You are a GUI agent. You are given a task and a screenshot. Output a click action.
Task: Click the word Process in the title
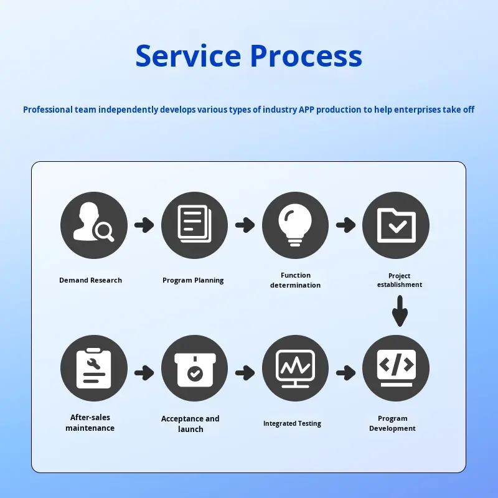pyautogui.click(x=306, y=56)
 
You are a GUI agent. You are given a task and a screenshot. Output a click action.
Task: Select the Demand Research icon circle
pyautogui.click(x=94, y=225)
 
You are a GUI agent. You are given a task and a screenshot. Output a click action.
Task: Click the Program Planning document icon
pyautogui.click(x=195, y=225)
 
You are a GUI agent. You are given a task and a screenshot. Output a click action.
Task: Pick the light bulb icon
pyautogui.click(x=295, y=225)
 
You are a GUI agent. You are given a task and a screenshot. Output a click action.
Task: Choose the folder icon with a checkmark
pyautogui.click(x=396, y=225)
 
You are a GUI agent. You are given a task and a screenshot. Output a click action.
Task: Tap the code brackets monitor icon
pyautogui.click(x=396, y=367)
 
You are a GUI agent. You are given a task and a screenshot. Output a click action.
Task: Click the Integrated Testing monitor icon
pyautogui.click(x=295, y=367)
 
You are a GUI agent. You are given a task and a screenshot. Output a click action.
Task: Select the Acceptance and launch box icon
pyautogui.click(x=195, y=367)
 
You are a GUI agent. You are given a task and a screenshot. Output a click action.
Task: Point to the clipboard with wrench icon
pyautogui.click(x=94, y=367)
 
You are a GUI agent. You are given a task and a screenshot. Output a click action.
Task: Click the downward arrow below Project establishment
pyautogui.click(x=400, y=310)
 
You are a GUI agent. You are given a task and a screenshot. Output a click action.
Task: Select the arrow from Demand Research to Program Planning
pyautogui.click(x=144, y=225)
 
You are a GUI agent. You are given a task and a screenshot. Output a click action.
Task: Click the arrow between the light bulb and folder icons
pyautogui.click(x=345, y=225)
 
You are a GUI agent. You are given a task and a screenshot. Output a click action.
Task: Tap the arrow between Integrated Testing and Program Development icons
pyautogui.click(x=345, y=373)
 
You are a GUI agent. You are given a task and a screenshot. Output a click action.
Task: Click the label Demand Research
pyautogui.click(x=91, y=280)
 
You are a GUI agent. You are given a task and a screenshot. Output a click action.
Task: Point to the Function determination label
pyautogui.click(x=296, y=280)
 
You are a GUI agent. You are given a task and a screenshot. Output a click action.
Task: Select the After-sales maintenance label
pyautogui.click(x=90, y=423)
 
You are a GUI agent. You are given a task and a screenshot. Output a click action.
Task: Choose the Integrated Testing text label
pyautogui.click(x=292, y=423)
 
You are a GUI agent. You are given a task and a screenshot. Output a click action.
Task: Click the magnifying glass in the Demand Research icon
pyautogui.click(x=104, y=232)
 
